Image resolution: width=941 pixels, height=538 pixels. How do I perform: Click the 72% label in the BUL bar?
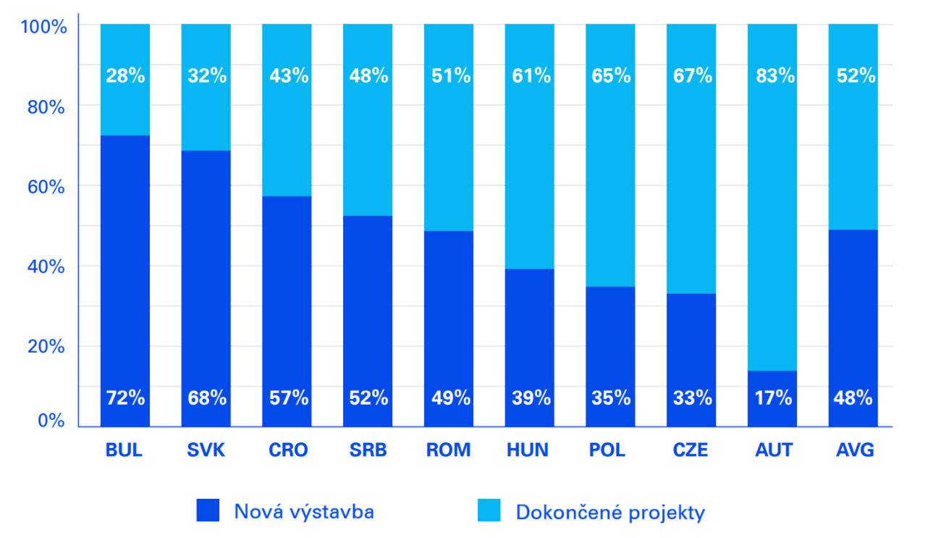(x=125, y=398)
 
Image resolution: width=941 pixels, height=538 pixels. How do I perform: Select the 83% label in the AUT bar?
(x=775, y=76)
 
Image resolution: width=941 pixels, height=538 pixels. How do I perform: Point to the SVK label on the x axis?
(x=206, y=450)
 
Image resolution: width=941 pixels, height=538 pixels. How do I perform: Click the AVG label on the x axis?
(x=855, y=450)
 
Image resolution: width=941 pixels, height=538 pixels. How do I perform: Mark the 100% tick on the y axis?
(x=44, y=27)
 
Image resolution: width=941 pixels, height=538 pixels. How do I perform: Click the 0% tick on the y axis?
(x=51, y=421)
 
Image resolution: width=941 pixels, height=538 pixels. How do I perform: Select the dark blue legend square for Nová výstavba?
(x=208, y=510)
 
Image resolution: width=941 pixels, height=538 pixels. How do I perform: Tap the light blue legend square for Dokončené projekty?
(x=489, y=510)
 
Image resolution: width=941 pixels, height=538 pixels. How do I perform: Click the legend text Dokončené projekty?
(x=610, y=513)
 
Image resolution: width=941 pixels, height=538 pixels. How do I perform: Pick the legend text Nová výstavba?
(x=304, y=512)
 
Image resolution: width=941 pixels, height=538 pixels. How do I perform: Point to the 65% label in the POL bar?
(x=611, y=76)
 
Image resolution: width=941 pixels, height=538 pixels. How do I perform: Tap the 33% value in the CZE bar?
(x=693, y=398)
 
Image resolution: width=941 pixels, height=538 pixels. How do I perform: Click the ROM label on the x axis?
(x=448, y=450)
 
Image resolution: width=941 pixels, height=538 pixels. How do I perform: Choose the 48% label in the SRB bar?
(x=368, y=76)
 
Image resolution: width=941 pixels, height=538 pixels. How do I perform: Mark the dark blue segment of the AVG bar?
(x=853, y=311)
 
